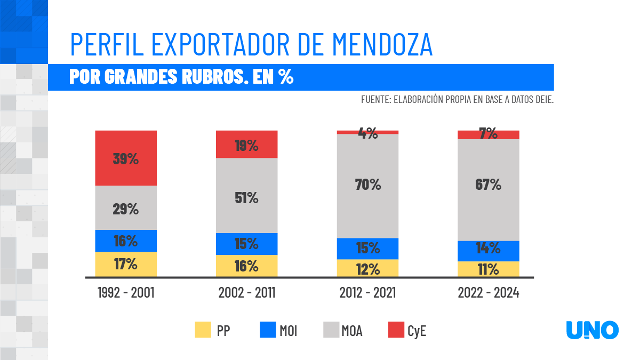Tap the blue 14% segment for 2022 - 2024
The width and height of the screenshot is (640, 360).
(x=488, y=251)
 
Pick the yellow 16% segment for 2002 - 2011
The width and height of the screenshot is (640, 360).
(x=246, y=266)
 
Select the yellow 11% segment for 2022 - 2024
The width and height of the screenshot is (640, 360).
(x=488, y=269)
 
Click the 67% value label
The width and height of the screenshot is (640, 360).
(x=488, y=185)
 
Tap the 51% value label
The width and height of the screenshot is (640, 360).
(x=246, y=198)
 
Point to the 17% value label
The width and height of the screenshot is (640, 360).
(x=126, y=264)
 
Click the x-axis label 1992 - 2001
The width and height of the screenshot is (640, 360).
(x=126, y=293)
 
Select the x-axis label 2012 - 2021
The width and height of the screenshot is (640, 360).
(x=367, y=293)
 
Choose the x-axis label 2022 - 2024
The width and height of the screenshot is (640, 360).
(x=488, y=293)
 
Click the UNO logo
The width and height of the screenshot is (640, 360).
(x=592, y=330)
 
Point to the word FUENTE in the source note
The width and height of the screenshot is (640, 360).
(x=375, y=100)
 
